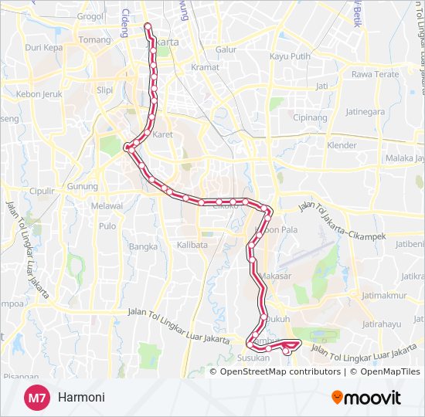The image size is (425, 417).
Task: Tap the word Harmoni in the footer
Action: [80, 398]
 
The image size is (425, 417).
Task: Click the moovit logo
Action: [366, 398]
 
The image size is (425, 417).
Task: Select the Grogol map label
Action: [90, 15]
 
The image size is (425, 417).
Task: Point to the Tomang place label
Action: [95, 40]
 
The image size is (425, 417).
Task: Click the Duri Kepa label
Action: [43, 47]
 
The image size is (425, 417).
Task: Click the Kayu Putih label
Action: [290, 56]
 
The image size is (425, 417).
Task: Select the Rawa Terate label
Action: [375, 74]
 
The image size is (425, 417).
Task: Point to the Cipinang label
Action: [311, 117]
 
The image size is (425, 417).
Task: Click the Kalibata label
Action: [192, 245]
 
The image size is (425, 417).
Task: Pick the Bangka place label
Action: [143, 247]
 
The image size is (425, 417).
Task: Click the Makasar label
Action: [276, 276]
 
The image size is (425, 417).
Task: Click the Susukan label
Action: [253, 358]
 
